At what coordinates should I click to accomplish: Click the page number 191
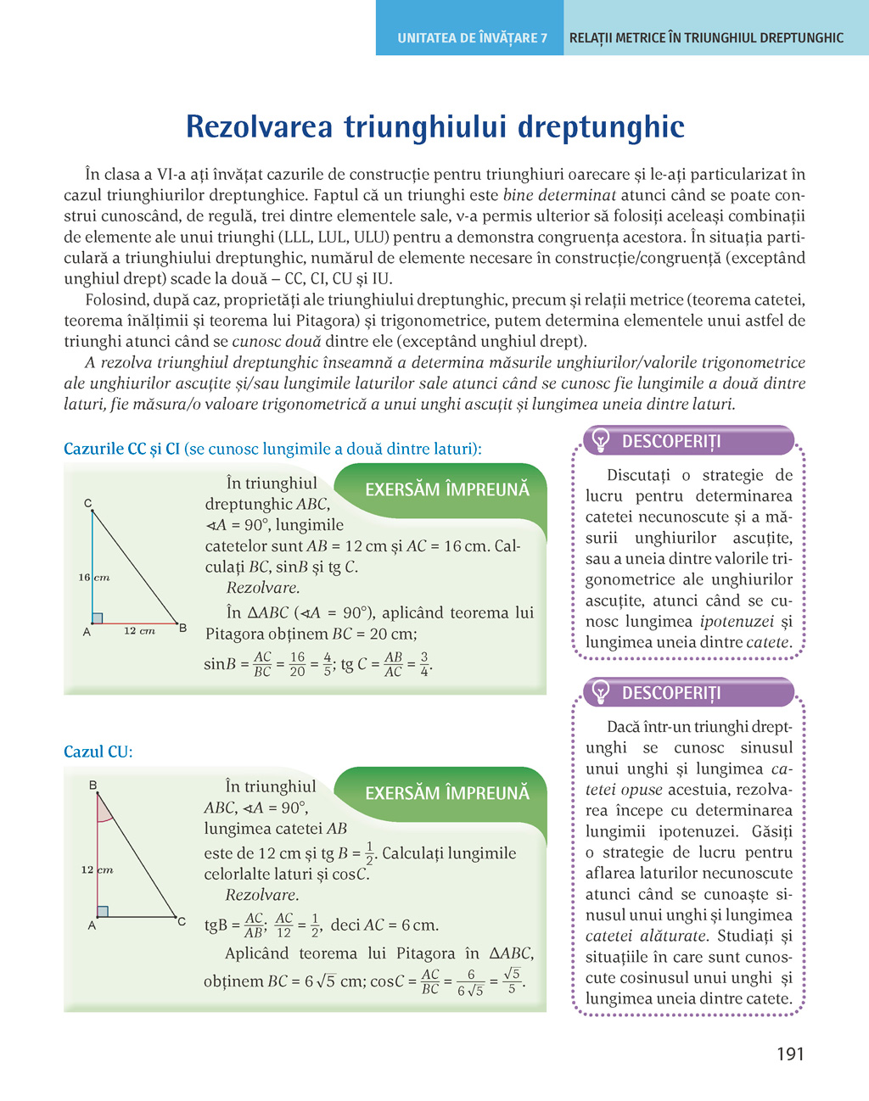tap(789, 1053)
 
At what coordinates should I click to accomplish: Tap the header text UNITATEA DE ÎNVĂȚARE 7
tap(472, 38)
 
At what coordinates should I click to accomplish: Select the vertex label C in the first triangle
tap(88, 504)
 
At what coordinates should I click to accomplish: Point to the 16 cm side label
tap(94, 578)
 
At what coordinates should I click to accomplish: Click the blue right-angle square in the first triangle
tap(98, 618)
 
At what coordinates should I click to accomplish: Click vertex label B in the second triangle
tap(93, 785)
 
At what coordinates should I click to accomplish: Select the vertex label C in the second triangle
tap(182, 920)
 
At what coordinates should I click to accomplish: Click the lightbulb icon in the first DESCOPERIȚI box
tap(601, 440)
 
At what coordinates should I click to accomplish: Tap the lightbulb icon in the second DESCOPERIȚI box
tap(601, 692)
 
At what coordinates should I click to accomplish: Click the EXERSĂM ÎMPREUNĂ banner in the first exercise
tap(446, 489)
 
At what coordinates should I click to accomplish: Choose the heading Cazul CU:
tap(98, 752)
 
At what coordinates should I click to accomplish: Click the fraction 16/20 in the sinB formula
tap(297, 664)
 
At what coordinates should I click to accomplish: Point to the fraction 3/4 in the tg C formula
tap(424, 664)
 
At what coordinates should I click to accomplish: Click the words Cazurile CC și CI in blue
tap(121, 449)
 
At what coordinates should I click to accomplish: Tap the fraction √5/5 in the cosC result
tap(512, 981)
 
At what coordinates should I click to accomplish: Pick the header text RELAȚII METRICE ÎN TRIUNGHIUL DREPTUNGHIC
tap(706, 38)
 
